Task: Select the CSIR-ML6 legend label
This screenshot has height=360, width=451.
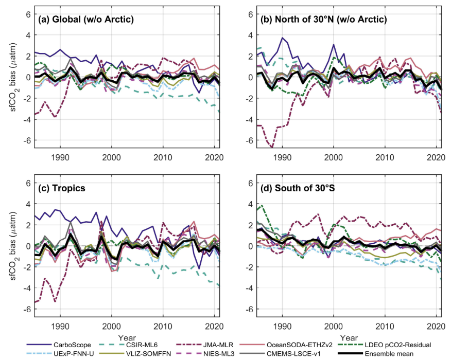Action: (x=142, y=345)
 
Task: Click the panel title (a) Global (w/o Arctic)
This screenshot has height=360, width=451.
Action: (x=86, y=19)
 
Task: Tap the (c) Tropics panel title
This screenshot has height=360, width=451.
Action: (x=62, y=188)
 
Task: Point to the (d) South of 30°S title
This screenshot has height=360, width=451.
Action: (x=298, y=188)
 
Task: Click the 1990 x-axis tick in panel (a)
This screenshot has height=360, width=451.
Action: (x=60, y=157)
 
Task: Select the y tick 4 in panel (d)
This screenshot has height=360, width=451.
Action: (x=251, y=204)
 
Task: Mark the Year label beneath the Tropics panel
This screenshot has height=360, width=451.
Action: (x=127, y=337)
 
